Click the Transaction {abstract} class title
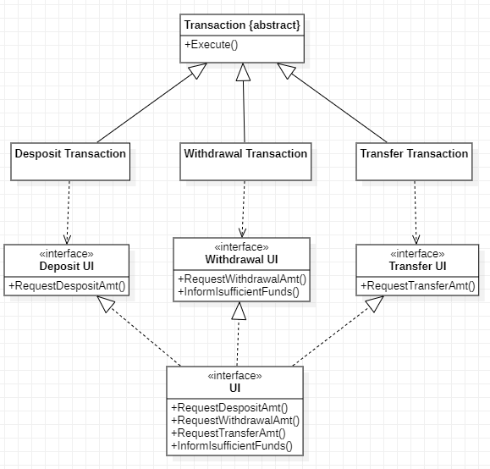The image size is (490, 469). pos(242,25)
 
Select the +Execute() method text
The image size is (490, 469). pos(212,45)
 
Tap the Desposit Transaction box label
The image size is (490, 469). pos(70,153)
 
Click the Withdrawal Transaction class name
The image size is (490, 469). pos(245,153)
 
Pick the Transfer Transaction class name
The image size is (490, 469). pos(414,153)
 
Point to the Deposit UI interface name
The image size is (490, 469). pos(67,266)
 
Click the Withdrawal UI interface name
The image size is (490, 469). pos(241,259)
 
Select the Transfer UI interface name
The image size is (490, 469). pos(417,266)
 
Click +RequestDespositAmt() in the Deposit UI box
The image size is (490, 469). pos(67,286)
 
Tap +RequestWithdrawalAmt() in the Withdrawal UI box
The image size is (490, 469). pos(242,279)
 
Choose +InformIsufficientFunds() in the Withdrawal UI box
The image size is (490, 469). pos(239,292)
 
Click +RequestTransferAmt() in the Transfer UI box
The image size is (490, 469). pos(418,286)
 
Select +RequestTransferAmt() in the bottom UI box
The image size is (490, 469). pos(228,433)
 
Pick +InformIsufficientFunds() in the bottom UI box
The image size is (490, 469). pos(232,446)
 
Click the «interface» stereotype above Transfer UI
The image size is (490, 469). pos(417,254)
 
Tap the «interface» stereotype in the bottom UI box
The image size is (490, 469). pos(235,376)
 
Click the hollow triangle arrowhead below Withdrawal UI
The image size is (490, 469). pos(239,311)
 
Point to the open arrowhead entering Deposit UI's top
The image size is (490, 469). pos(67,240)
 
